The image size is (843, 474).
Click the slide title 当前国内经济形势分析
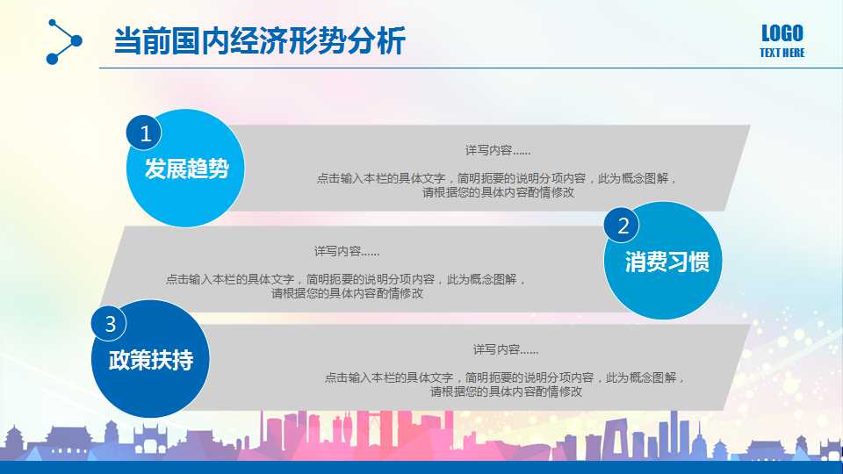point(260,40)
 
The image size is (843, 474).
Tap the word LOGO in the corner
point(782,34)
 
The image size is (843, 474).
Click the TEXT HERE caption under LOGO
point(782,54)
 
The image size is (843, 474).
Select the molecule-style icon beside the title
point(63,41)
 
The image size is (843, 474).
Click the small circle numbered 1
point(145,133)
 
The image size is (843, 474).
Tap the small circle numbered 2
point(623,226)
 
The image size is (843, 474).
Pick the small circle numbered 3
point(110,324)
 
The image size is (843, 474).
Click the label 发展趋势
point(186,169)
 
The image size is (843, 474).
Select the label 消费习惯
point(666,262)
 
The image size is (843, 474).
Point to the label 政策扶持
point(150,360)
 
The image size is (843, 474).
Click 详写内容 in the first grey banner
point(498,151)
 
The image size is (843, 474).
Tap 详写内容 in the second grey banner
point(347,252)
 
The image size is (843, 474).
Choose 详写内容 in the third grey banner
point(506,349)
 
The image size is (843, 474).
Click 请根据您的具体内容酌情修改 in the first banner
point(498,192)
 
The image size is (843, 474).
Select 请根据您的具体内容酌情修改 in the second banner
point(347,294)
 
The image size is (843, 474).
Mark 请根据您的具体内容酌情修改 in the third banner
point(506,392)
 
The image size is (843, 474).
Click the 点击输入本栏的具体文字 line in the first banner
point(498,178)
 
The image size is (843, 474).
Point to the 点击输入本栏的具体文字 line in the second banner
point(347,280)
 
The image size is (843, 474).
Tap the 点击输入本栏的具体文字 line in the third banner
point(506,378)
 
